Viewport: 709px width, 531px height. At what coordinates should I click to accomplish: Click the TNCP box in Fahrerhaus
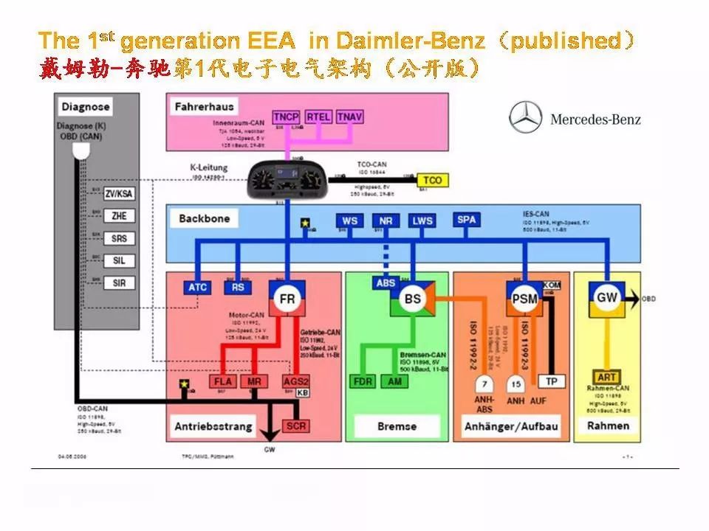point(286,117)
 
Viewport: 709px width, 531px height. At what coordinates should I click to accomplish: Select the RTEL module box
point(318,117)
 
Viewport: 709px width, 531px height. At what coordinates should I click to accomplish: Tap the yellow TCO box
point(432,180)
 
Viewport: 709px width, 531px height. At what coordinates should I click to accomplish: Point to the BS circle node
point(413,299)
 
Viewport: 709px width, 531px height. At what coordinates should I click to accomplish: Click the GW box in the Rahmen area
point(606,297)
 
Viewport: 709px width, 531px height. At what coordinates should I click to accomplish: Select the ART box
point(607,378)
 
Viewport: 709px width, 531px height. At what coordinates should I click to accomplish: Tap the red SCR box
point(295,426)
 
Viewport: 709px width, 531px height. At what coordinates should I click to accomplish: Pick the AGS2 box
point(296,381)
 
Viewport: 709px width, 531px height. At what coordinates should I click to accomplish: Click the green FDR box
point(363,381)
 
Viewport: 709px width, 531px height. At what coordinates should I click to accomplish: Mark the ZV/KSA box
point(119,194)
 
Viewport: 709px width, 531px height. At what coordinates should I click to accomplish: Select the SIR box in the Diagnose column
point(119,282)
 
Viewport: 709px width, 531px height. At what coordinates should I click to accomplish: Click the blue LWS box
point(422,221)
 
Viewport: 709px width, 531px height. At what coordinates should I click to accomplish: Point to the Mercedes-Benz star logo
point(525,119)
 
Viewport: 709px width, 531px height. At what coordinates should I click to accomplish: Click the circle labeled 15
point(516,384)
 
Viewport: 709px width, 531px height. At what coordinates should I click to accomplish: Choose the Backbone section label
point(204,218)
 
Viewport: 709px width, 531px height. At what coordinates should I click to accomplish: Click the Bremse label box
point(397,426)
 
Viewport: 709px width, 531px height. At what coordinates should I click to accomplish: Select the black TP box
point(551,381)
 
